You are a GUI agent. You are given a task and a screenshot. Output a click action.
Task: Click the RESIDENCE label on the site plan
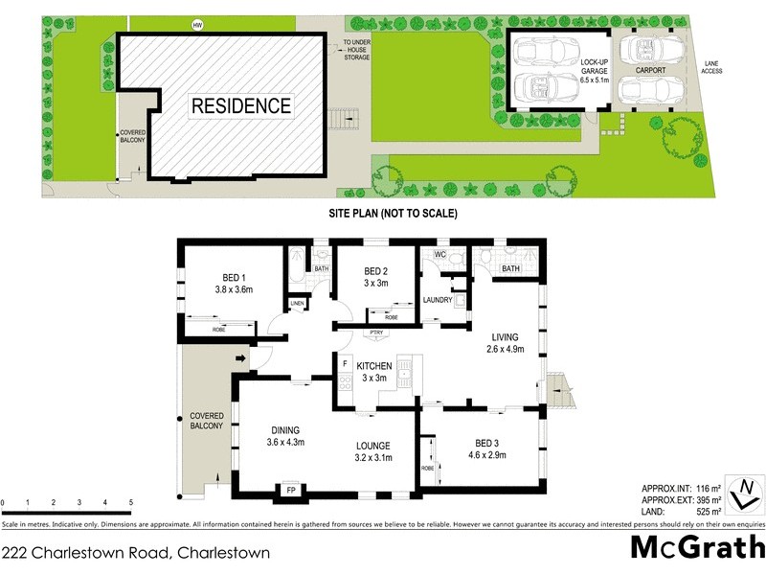coord(240,105)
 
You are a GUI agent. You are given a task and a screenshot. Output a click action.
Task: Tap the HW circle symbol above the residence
coord(198,24)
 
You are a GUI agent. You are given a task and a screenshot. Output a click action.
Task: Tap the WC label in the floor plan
coord(440,255)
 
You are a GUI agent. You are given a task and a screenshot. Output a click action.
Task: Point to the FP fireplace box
coord(290,490)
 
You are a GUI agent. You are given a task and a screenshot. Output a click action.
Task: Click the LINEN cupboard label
coord(297,304)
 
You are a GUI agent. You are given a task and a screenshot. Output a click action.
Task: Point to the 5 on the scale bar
coord(130,502)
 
